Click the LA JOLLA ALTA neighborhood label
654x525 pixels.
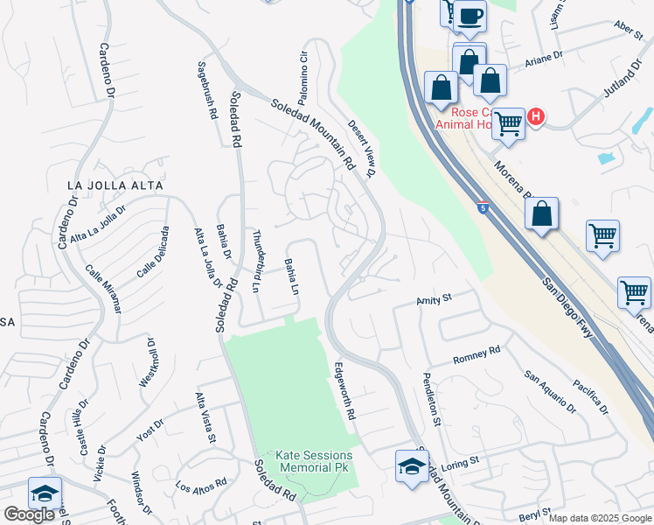pos(115,185)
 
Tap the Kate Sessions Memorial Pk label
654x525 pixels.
pos(315,461)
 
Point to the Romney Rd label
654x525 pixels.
pos(476,353)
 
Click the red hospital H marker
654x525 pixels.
pos(535,115)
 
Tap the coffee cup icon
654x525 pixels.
pos(470,16)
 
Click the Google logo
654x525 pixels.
pos(30,514)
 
